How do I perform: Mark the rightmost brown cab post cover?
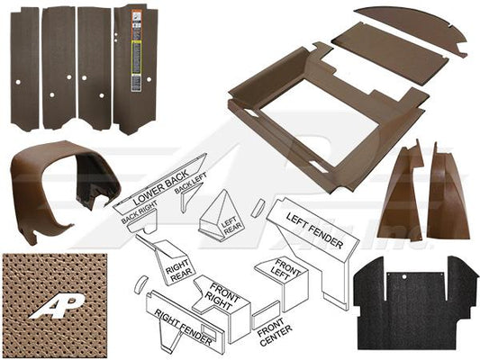(x=447, y=193)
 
